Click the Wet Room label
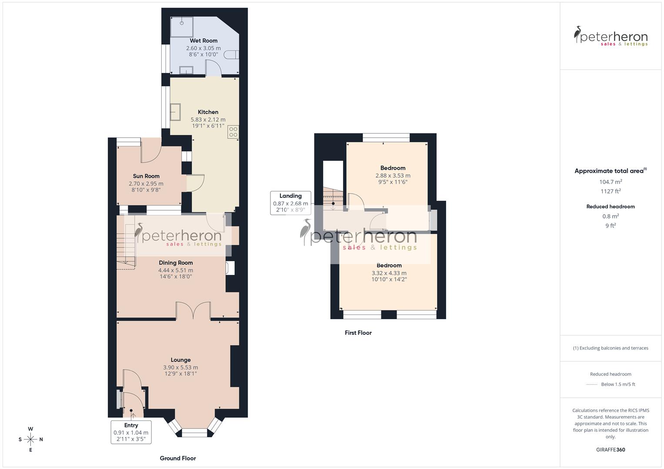pos(204,41)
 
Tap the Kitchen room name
pos(208,112)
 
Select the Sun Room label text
pos(146,176)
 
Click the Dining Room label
pos(176,263)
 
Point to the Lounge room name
pos(180,360)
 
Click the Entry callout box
pos(131,432)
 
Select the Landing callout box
pos(290,203)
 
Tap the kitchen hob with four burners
pos(233,132)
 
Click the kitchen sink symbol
pos(175,112)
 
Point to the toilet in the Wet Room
pos(233,55)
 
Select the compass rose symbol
pos(30,439)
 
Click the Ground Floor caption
pos(178,458)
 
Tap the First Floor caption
pos(358,333)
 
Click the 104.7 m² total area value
pos(611,182)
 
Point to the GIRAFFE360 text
pos(611,450)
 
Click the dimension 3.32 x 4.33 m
pos(389,273)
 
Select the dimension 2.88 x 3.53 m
pos(393,176)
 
